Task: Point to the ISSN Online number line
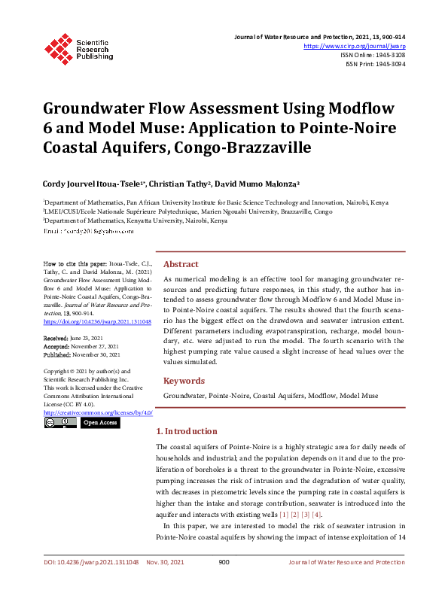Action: (373, 55)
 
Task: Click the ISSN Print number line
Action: (374, 64)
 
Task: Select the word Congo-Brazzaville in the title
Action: (242, 147)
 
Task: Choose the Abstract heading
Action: (181, 264)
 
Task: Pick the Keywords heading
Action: (184, 381)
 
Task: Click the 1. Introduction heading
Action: (186, 432)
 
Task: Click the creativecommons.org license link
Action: (98, 412)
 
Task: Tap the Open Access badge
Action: (99, 423)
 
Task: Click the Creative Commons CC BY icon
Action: (59, 423)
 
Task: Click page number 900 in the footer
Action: (224, 583)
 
